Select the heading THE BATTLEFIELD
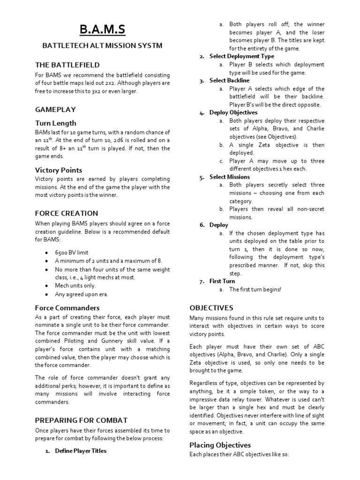(x=67, y=65)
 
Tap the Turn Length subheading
(x=56, y=123)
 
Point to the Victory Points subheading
(x=59, y=170)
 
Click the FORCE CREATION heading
(x=67, y=213)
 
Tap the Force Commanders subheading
(x=67, y=308)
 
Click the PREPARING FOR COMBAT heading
(x=81, y=420)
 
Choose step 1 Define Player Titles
(x=81, y=451)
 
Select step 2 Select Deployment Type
(x=241, y=56)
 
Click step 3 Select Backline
(x=229, y=81)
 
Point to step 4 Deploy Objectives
(x=233, y=112)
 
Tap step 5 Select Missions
(x=229, y=177)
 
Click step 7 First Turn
(x=222, y=281)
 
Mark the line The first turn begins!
(x=255, y=290)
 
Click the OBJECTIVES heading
(x=211, y=308)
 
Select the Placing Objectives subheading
(x=220, y=445)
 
